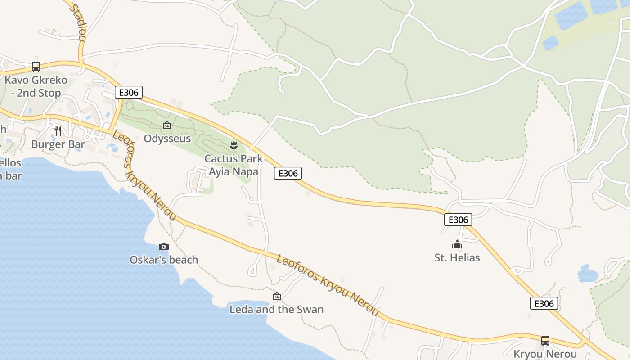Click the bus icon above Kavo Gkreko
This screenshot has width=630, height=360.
(x=36, y=67)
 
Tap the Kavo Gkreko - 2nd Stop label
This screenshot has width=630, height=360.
(x=36, y=87)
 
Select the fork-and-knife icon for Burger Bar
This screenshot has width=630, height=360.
(x=58, y=130)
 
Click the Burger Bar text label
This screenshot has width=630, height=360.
(x=58, y=144)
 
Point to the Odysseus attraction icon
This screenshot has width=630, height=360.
(x=167, y=125)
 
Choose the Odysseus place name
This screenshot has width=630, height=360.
(x=167, y=139)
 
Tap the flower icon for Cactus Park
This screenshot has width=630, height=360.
(x=234, y=145)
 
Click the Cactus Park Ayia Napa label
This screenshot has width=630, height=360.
(x=234, y=165)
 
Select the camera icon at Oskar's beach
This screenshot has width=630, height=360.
(x=164, y=247)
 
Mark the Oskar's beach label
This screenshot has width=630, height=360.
(x=164, y=260)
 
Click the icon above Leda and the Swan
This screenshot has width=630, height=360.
(x=277, y=296)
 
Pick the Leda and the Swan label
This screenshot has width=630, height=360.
(x=277, y=310)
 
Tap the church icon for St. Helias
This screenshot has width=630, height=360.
(x=457, y=245)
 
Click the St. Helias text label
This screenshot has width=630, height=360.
(x=457, y=258)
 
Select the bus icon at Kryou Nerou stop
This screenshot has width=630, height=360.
(x=545, y=340)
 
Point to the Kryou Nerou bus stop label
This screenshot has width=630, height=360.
(x=545, y=354)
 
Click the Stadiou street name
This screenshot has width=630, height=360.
(x=78, y=22)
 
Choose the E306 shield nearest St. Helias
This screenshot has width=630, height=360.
(x=458, y=220)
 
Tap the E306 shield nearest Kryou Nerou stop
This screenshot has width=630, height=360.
(x=544, y=303)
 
